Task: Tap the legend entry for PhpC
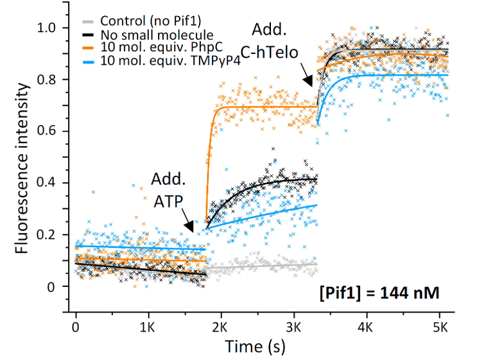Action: point(151,47)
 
